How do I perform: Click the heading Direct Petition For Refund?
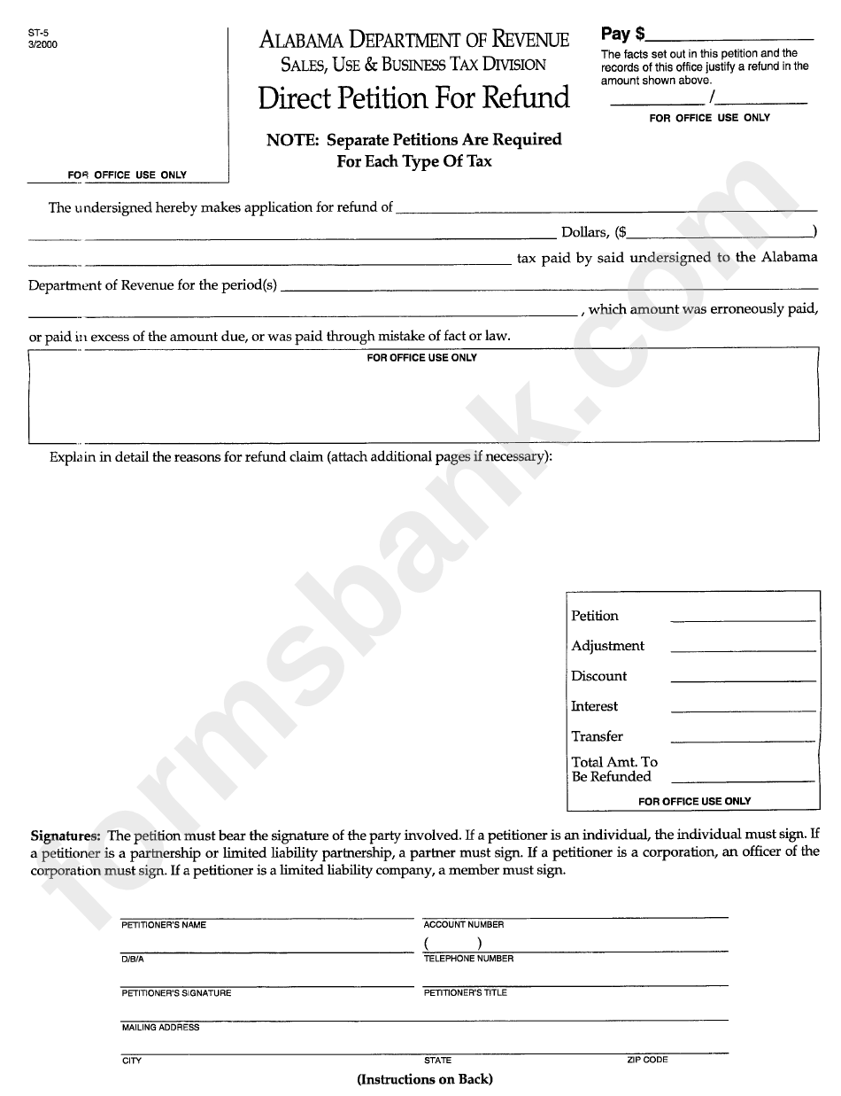click(413, 97)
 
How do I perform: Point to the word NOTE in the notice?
click(293, 139)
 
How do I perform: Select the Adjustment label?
click(607, 646)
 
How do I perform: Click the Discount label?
click(598, 676)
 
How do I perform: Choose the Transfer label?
click(597, 736)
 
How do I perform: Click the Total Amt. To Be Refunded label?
click(614, 769)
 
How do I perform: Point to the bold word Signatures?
click(66, 836)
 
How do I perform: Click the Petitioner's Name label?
click(164, 925)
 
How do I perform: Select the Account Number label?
click(464, 925)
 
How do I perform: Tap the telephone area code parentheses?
click(452, 944)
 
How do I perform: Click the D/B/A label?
click(133, 959)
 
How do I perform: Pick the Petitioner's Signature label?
click(176, 993)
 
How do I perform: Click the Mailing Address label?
click(160, 1028)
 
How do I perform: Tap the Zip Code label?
click(647, 1060)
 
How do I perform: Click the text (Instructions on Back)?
click(425, 1079)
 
